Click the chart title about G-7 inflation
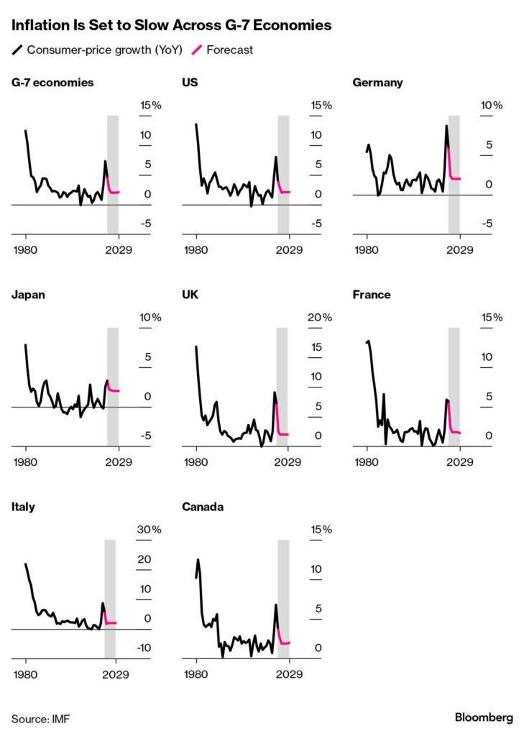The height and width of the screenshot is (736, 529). pos(171,26)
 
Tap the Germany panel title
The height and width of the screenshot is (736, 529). pos(377,83)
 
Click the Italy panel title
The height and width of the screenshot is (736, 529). pos(23,507)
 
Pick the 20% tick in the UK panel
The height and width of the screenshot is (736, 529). pos(321,318)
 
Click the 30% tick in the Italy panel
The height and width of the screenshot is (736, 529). pos(150,530)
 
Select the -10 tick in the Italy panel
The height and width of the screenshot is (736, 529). pos(144,648)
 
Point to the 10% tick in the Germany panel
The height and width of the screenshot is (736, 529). pos(492,106)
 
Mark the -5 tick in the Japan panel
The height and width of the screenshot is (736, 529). pos(144,436)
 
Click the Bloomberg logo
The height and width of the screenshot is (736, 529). pos(484,717)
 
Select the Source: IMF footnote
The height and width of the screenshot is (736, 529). pos(41,718)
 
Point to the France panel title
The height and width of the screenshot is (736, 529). pos(373,295)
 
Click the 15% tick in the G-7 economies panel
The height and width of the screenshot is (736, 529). pos(151,106)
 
